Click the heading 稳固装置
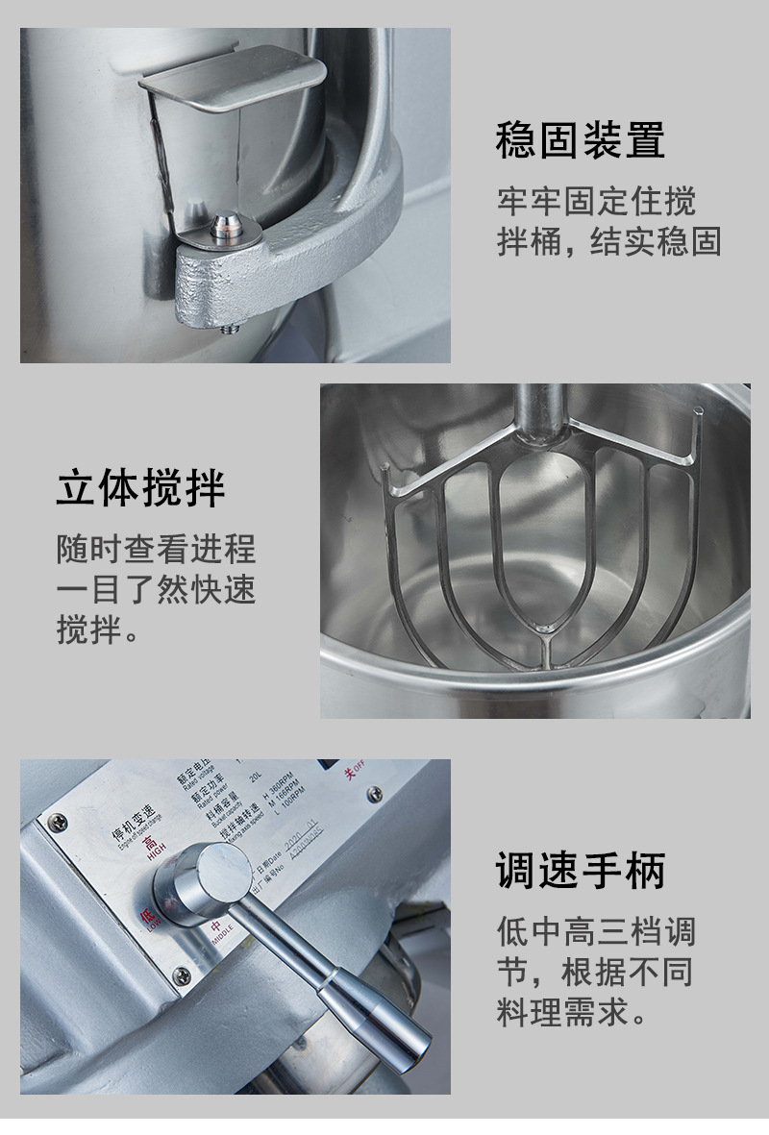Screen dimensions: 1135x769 580,140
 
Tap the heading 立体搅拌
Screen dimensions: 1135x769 140,488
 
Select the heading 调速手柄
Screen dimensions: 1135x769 580,871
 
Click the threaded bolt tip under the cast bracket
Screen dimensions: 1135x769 229,329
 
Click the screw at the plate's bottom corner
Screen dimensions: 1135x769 182,976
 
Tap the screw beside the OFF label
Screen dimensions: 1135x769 373,795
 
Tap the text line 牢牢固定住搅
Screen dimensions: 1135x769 596,201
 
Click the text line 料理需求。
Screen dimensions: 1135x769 573,1012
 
